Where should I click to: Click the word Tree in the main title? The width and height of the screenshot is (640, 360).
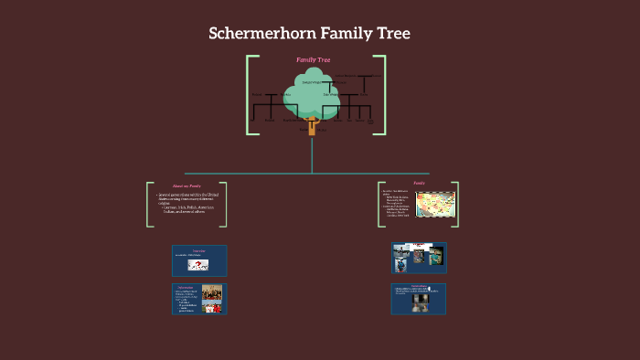[x=390, y=35]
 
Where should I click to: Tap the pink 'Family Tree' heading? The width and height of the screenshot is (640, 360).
[x=313, y=60]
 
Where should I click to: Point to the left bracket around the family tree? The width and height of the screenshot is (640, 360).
[x=250, y=95]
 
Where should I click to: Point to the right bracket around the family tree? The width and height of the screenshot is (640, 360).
[x=380, y=95]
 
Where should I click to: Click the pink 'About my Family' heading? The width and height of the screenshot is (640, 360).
[x=186, y=186]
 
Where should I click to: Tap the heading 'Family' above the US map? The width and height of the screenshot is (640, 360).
[x=419, y=184]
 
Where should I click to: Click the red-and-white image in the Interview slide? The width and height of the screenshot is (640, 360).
[x=198, y=265]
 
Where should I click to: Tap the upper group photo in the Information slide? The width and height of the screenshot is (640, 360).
[x=212, y=292]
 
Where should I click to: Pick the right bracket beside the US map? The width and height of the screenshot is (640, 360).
[x=454, y=204]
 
